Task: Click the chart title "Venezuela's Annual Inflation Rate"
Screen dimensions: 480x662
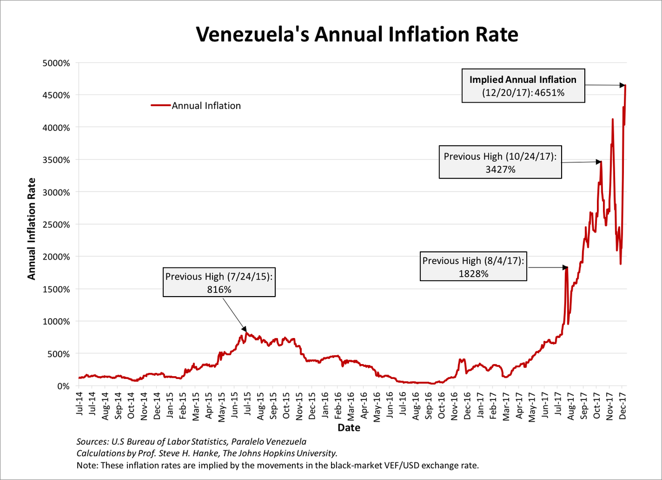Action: (x=357, y=34)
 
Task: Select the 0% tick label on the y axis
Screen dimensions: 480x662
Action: (x=63, y=386)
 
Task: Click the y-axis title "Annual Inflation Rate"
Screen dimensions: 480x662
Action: (x=32, y=228)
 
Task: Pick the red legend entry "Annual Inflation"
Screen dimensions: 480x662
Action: (x=195, y=106)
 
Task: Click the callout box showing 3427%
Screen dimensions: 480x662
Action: (x=500, y=162)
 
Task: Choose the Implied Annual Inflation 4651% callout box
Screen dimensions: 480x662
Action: (x=522, y=86)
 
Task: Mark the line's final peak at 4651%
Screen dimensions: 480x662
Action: (x=626, y=85)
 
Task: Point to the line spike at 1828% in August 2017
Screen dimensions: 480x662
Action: (x=566, y=268)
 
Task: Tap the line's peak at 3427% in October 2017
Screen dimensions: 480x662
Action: (x=600, y=162)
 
